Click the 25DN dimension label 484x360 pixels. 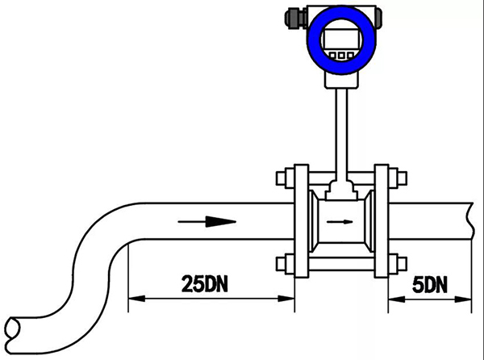[x=205, y=284]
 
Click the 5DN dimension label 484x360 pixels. [x=430, y=284]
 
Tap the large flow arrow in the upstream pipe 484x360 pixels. [x=207, y=221]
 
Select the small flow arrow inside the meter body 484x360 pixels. [x=340, y=221]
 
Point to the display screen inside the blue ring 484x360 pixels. [x=341, y=40]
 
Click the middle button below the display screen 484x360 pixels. [x=341, y=56]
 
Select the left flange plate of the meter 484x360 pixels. [x=301, y=221]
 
